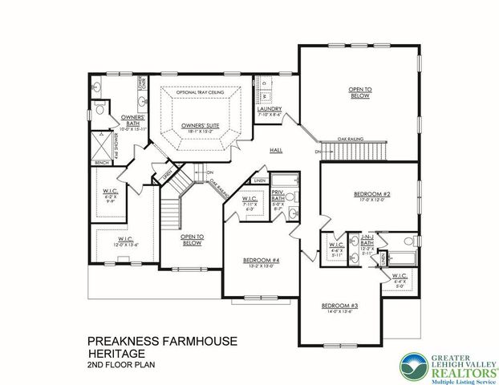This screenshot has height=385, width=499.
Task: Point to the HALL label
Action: coord(276,150)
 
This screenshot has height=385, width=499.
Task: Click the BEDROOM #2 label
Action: coord(370,194)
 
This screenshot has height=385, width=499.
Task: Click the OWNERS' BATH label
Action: coord(132,120)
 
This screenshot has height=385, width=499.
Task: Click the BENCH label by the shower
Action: coord(101,163)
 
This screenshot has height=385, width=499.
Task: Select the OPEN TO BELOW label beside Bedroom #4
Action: coord(191,239)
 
